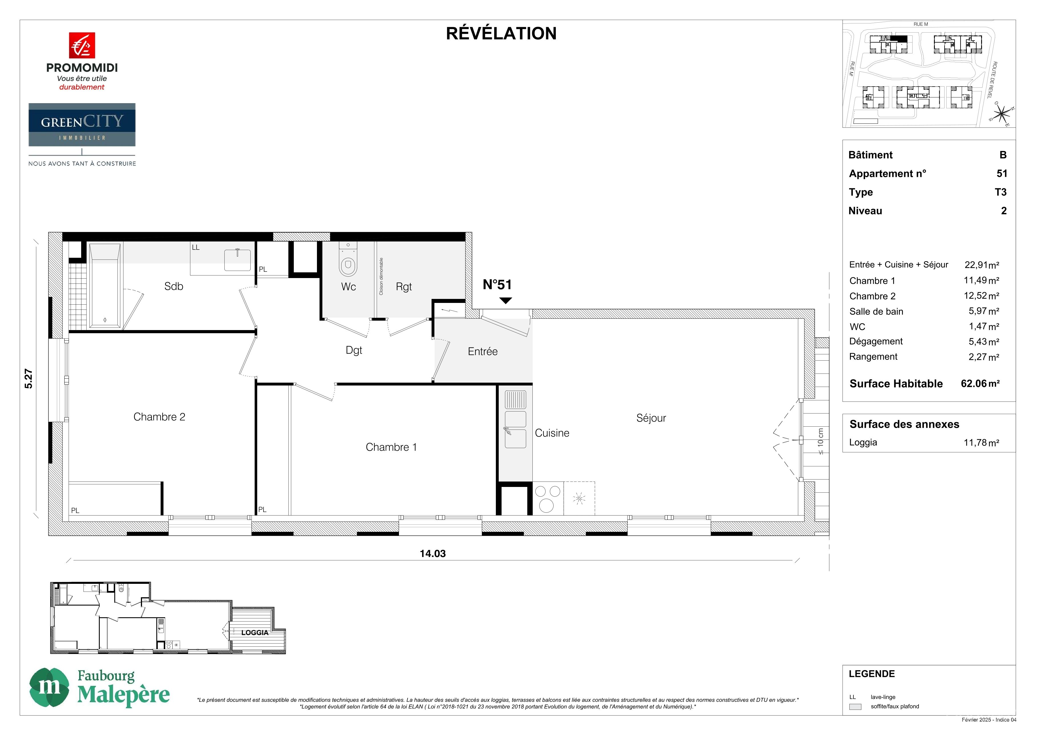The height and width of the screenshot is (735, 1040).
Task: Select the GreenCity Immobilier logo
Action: tap(82, 125)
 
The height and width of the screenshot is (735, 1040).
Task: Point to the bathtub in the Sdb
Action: tap(105, 286)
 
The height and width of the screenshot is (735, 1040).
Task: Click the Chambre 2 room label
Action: tap(159, 417)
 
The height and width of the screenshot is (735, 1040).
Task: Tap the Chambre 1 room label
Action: tap(391, 447)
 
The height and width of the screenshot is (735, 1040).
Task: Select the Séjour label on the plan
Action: tap(651, 418)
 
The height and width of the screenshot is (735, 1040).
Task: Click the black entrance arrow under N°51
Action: tap(506, 301)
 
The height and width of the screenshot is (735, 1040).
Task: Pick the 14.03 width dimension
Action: tap(433, 554)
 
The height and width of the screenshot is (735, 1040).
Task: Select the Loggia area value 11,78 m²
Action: tap(981, 442)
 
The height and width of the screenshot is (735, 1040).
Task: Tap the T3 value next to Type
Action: tap(1000, 192)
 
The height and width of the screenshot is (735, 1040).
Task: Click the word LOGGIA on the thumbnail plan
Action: tap(255, 633)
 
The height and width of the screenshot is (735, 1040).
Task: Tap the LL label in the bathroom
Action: tap(196, 247)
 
